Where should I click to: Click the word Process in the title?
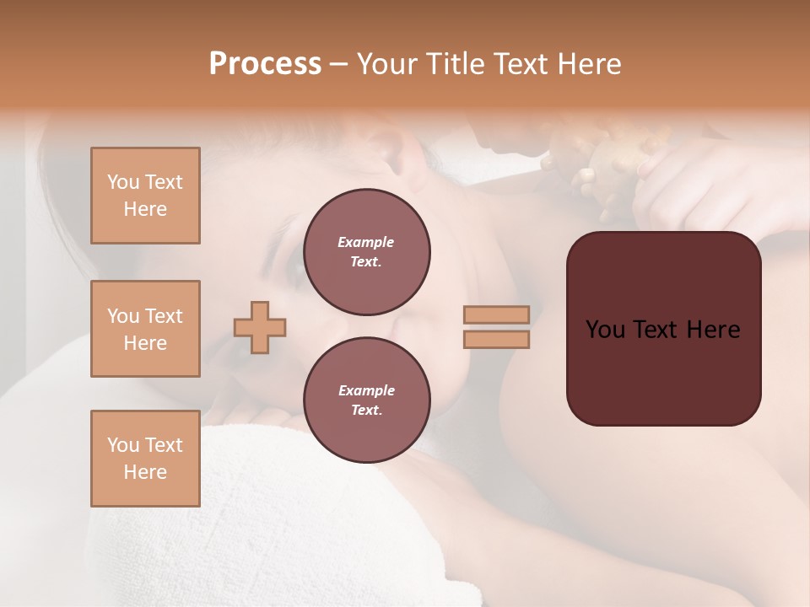coord(265,63)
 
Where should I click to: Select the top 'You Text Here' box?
coord(145,196)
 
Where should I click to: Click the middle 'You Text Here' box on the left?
coord(145,329)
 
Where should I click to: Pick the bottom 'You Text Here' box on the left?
coord(145,459)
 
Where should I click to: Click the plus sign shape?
coord(260,326)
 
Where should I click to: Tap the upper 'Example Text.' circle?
coord(366,251)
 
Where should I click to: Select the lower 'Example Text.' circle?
coord(366,400)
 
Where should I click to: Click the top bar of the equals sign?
coord(496,314)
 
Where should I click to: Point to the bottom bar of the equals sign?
coord(496,339)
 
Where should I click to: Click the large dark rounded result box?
coord(663,371)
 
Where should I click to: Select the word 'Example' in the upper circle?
coord(366,242)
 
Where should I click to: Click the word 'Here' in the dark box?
coord(715,330)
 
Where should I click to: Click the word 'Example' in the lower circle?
coord(366,390)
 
